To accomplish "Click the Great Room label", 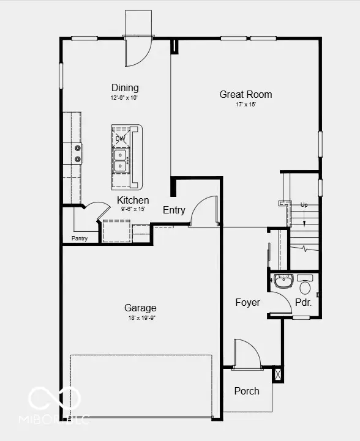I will tap(246, 94).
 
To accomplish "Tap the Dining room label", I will tap(125, 87).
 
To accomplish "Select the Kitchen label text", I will tap(133, 200).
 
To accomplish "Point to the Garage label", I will tap(140, 308).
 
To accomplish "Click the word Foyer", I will tap(247, 302).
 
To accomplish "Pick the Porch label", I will tap(247, 391).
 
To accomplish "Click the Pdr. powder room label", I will tap(303, 302).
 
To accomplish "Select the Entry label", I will tap(174, 210).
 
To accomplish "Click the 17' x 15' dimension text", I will tap(246, 105).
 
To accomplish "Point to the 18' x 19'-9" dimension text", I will tap(140, 317).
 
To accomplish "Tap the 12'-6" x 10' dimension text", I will tap(124, 97).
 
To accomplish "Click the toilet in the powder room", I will tap(304, 286).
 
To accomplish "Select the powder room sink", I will tap(283, 282).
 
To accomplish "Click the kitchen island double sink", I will tap(121, 158).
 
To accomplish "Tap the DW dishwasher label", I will tap(120, 138).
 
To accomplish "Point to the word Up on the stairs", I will tap(304, 205).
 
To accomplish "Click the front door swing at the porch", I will tap(246, 355).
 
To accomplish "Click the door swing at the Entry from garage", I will tap(205, 211).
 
